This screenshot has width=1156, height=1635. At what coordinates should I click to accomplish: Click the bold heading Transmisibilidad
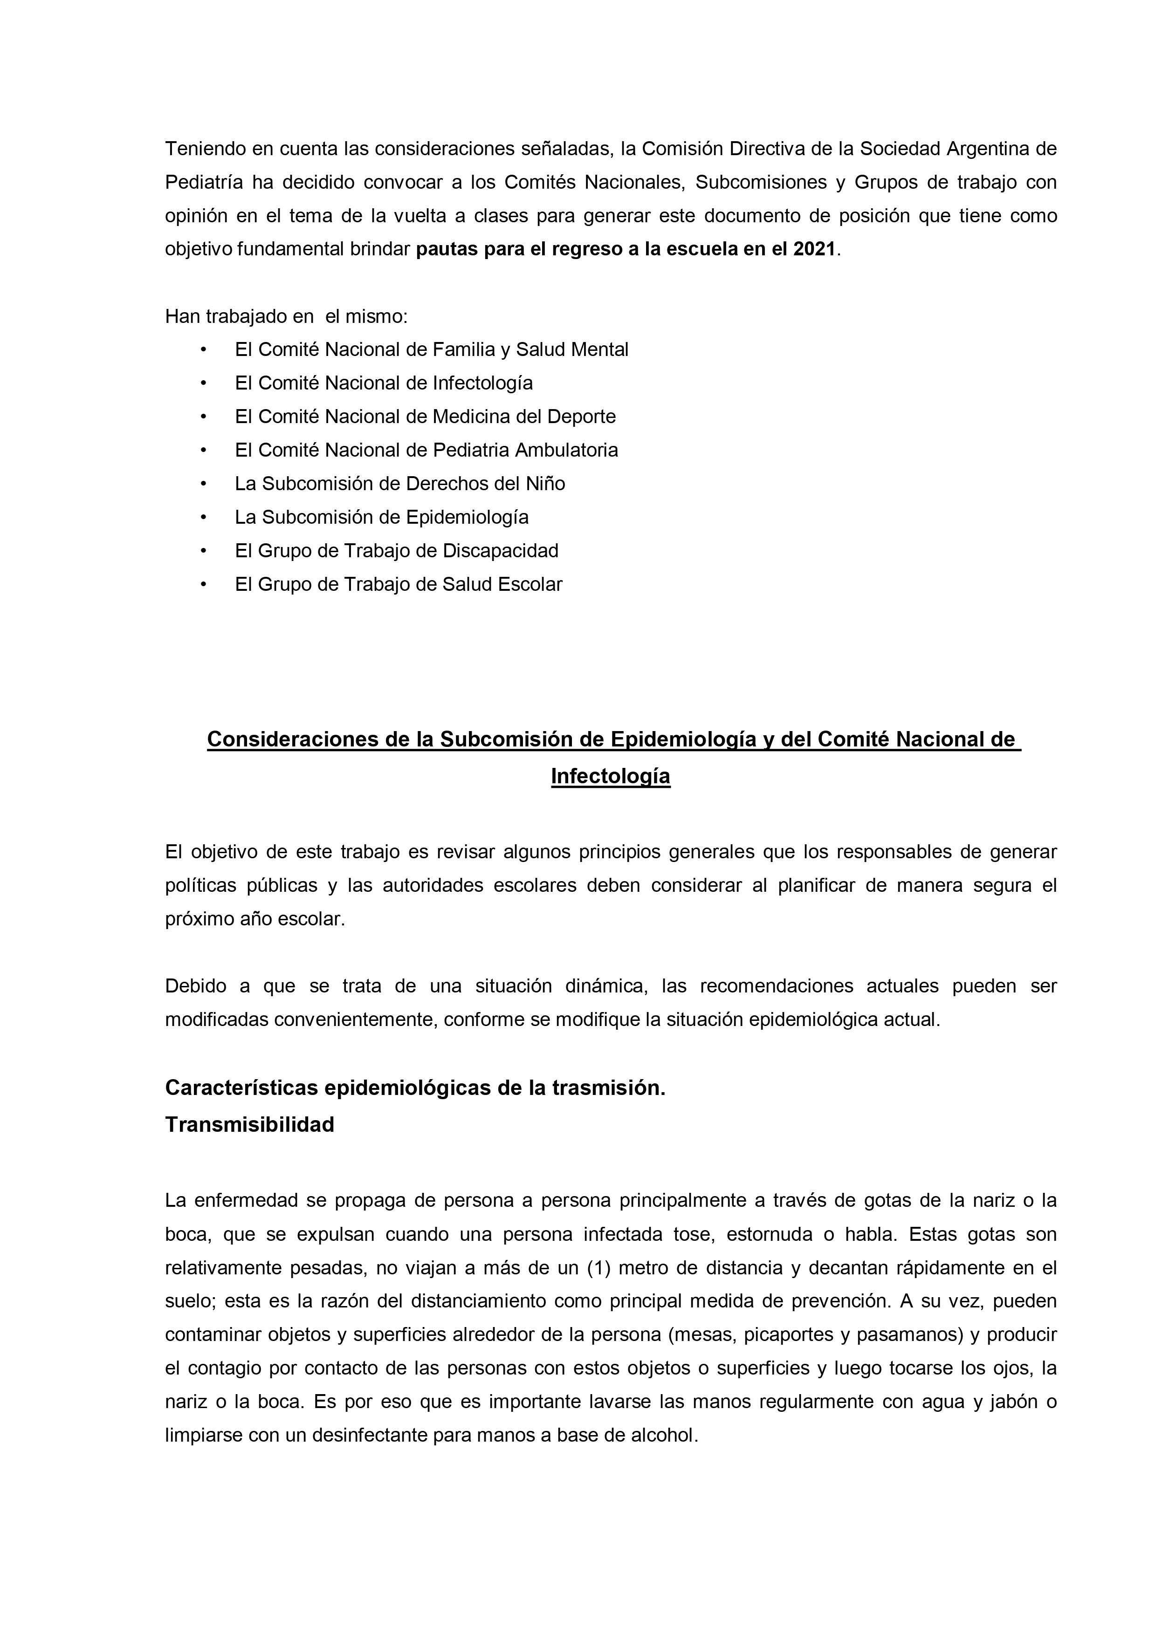pos(249,1124)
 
